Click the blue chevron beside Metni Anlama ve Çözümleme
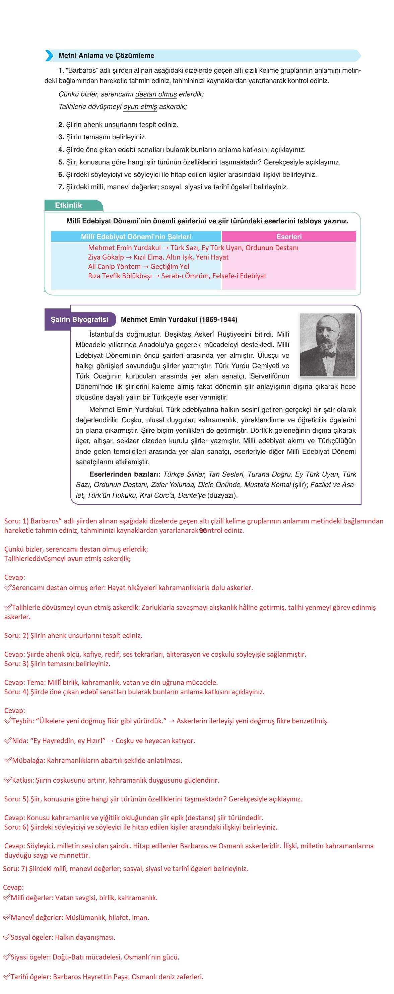(x=49, y=56)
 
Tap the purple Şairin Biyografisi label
(x=80, y=319)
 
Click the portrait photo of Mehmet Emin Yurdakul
(x=327, y=345)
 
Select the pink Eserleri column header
(x=289, y=236)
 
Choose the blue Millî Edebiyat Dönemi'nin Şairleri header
(x=136, y=236)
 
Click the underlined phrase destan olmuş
(x=156, y=94)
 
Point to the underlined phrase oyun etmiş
(x=140, y=106)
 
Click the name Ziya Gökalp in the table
(x=106, y=257)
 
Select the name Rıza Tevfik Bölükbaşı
(x=120, y=276)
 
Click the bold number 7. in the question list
(x=61, y=187)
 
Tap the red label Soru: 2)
(x=16, y=636)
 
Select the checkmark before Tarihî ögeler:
(x=7, y=977)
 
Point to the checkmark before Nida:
(x=8, y=741)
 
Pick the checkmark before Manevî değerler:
(x=7, y=918)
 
